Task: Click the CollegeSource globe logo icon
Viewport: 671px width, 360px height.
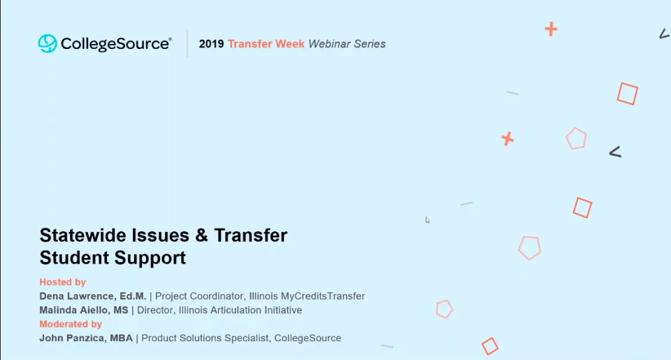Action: click(48, 43)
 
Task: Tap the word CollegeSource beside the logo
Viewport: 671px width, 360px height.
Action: click(116, 44)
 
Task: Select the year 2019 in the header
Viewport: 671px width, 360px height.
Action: click(211, 44)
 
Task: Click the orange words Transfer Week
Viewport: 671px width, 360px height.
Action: click(266, 44)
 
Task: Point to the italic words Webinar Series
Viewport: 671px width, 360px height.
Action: click(347, 44)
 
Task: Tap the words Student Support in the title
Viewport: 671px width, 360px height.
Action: click(113, 258)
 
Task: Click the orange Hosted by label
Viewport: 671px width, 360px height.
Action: click(62, 282)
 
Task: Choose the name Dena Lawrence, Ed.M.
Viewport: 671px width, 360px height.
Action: click(93, 296)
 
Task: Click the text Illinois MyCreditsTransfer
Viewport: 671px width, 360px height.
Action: click(307, 296)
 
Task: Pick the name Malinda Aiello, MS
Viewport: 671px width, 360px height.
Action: click(84, 310)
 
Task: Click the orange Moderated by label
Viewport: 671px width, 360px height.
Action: click(71, 324)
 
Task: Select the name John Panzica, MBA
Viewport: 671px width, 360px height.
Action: click(86, 338)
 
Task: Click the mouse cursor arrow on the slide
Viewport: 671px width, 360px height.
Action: click(428, 220)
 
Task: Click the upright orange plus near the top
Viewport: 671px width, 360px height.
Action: click(551, 29)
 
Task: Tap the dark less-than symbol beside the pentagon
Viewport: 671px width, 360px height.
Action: click(614, 152)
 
